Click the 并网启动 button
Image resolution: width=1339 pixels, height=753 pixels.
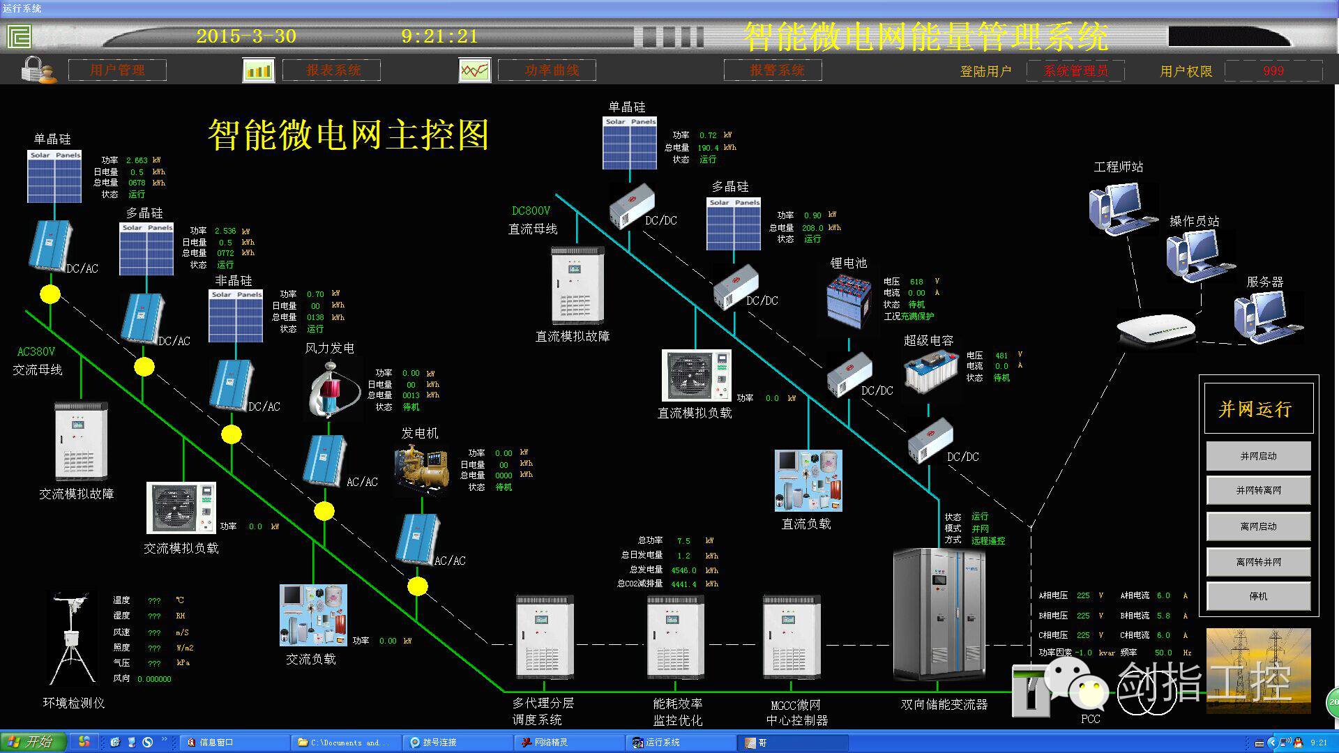pyautogui.click(x=1258, y=456)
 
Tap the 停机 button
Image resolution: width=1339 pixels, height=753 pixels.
pyautogui.click(x=1258, y=596)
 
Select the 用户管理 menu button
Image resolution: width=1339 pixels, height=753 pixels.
pyautogui.click(x=117, y=70)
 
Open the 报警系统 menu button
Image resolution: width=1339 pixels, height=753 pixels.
pyautogui.click(x=773, y=70)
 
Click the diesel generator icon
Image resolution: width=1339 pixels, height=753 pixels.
pyautogui.click(x=421, y=469)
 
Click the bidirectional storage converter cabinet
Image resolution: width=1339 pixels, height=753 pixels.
pyautogui.click(x=939, y=614)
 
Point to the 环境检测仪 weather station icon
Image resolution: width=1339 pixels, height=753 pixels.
pyautogui.click(x=72, y=639)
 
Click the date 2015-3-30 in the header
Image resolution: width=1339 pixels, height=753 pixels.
pyautogui.click(x=246, y=36)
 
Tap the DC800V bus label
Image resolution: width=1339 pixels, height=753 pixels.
pyautogui.click(x=531, y=211)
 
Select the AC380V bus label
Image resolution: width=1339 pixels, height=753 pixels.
pyautogui.click(x=36, y=351)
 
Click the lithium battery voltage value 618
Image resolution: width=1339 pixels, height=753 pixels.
pyautogui.click(x=916, y=282)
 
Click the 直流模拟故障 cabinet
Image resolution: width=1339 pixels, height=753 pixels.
pyautogui.click(x=577, y=285)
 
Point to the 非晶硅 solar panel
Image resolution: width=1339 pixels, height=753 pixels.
pyautogui.click(x=236, y=317)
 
